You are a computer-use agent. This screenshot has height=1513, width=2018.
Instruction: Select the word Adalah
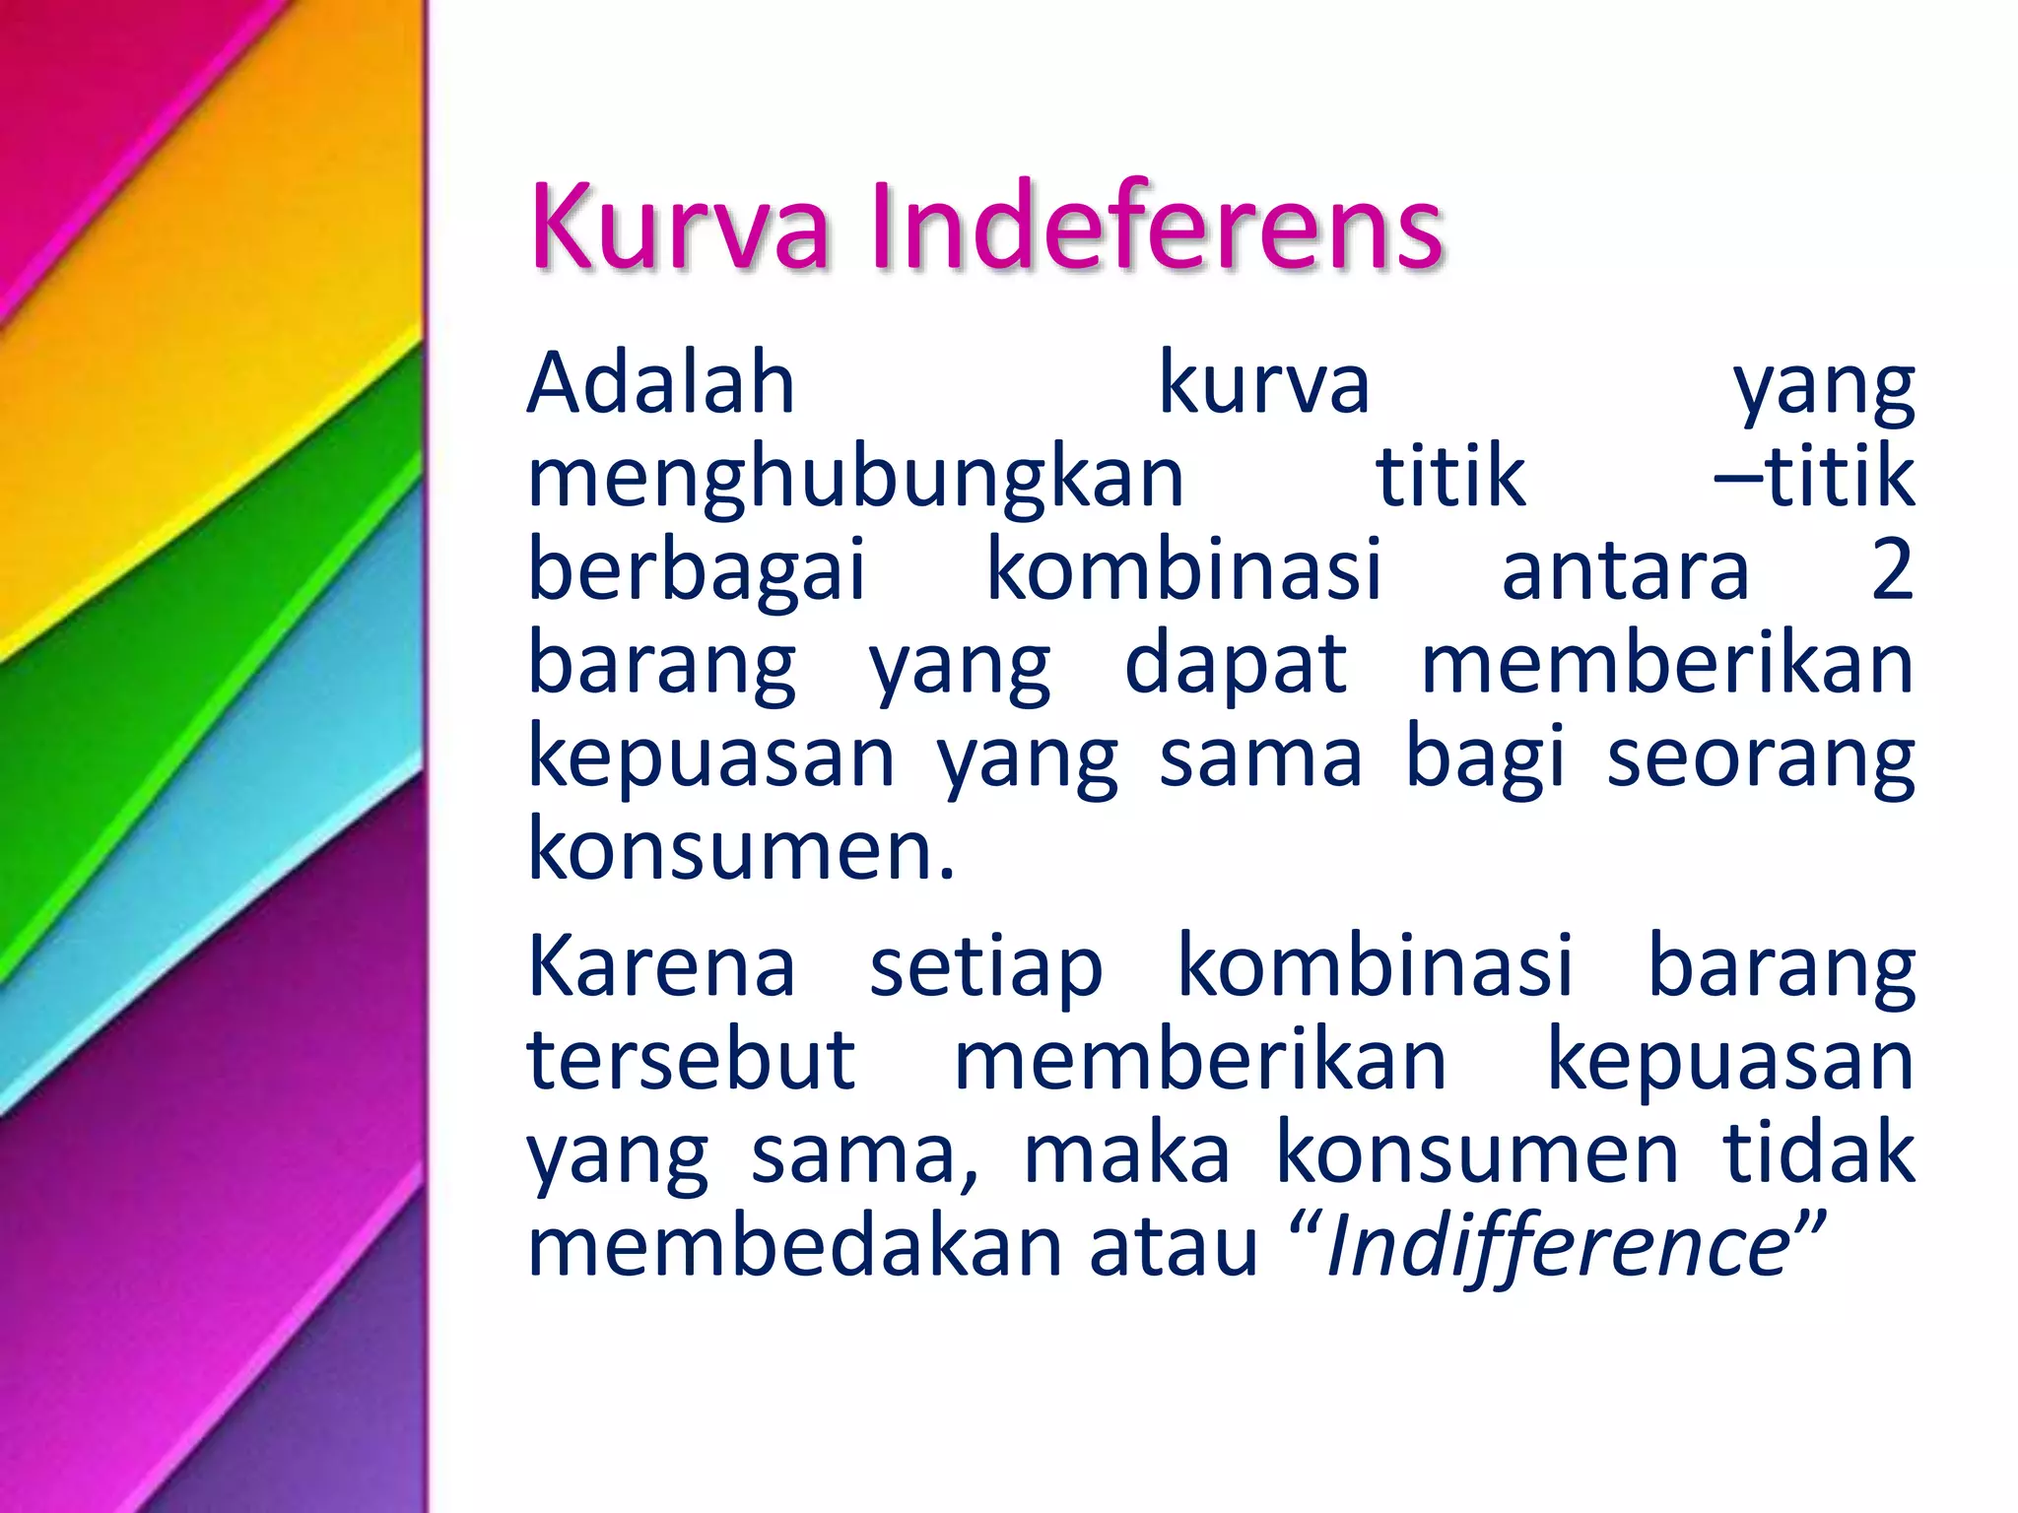coord(661,383)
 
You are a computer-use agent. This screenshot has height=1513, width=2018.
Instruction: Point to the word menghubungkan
coord(855,478)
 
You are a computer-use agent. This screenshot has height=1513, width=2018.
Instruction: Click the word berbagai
coord(697,571)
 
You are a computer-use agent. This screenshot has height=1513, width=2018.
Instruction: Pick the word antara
coord(1625,571)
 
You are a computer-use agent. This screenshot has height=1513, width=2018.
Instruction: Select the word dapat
coord(1236,666)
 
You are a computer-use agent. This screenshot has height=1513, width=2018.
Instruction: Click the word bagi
coord(1484,759)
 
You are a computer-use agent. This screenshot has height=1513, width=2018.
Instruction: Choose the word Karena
coord(661,966)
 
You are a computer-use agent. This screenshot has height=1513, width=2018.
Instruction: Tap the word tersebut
coord(691,1060)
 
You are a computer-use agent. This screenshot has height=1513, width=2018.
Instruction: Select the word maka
coord(1127,1153)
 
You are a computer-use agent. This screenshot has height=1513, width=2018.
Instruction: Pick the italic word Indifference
coord(1557,1246)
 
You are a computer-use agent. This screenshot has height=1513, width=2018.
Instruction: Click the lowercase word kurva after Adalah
coord(1264,383)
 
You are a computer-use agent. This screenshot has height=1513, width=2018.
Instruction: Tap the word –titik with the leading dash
coord(1815,477)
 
